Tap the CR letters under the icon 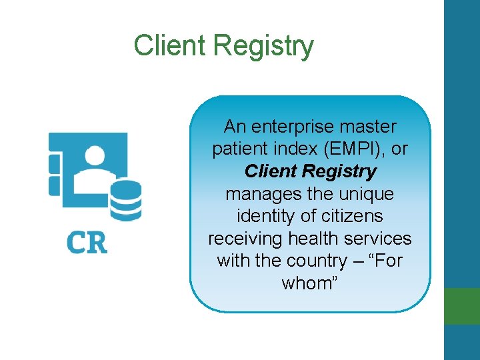click(87, 242)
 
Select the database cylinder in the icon click(125, 201)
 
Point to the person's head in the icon click(95, 157)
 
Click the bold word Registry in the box click(339, 171)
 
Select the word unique click(367, 194)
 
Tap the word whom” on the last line click(311, 283)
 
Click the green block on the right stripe click(462, 305)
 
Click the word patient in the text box click(239, 149)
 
